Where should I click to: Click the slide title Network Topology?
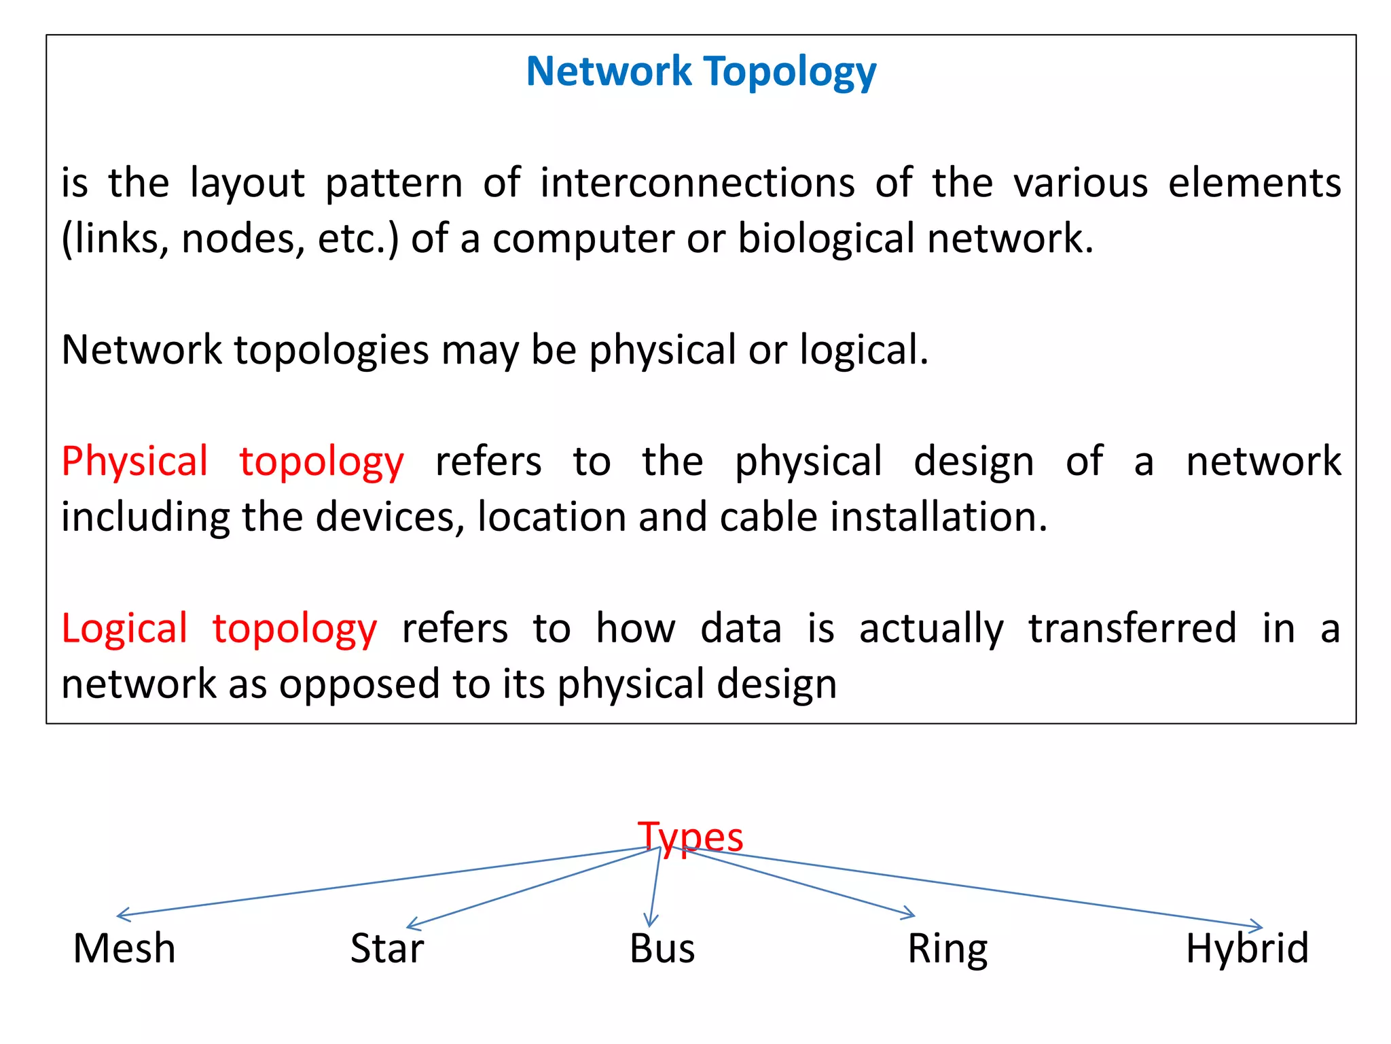coord(701,71)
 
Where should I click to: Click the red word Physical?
coord(134,462)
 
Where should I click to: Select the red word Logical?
coord(124,628)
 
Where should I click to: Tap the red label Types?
coord(690,837)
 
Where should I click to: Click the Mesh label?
coord(124,948)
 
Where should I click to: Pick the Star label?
coord(387,948)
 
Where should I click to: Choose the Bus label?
coord(662,948)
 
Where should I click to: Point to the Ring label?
coord(947,950)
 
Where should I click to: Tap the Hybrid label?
coord(1247,948)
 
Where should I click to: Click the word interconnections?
coord(698,183)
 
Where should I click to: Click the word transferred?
coord(1132,628)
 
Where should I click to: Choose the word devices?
coord(390,517)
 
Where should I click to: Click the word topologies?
coord(331,350)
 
